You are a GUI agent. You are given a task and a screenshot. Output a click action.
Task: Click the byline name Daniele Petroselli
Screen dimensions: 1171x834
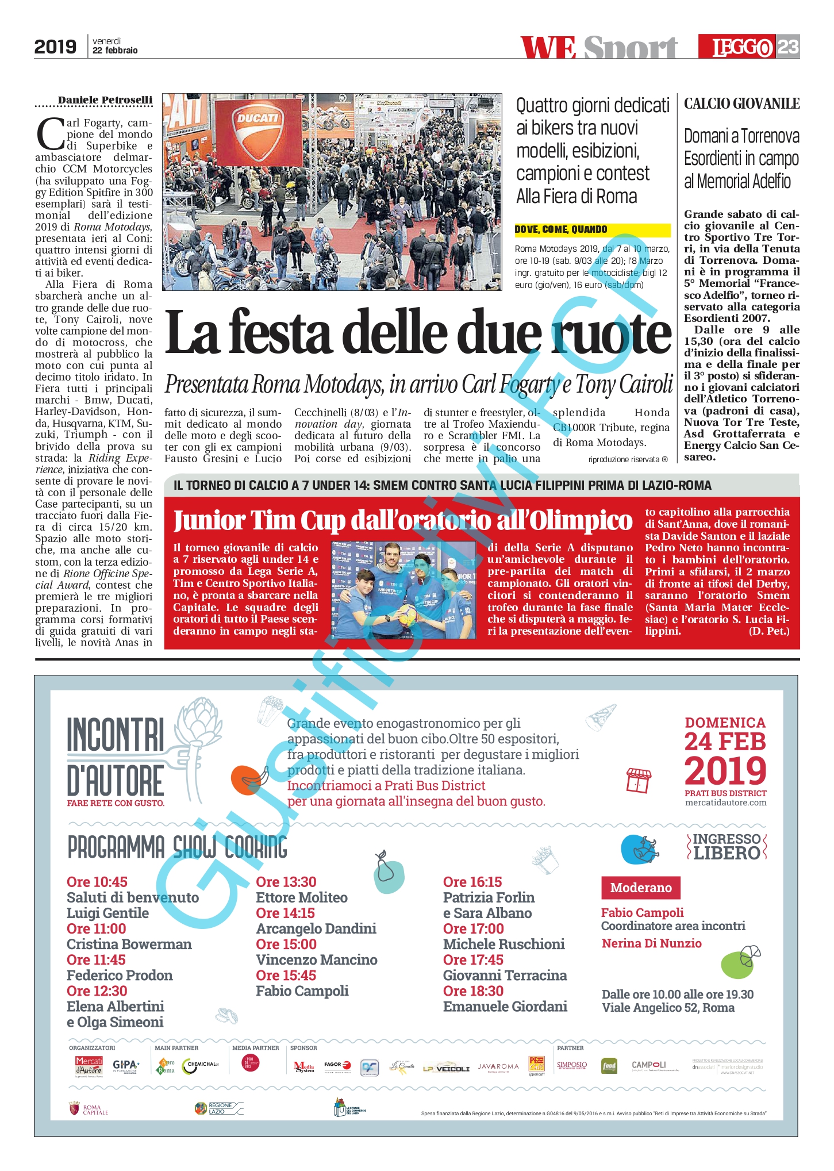[x=105, y=100]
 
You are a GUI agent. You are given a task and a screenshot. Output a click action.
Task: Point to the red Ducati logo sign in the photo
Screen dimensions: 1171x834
[x=258, y=119]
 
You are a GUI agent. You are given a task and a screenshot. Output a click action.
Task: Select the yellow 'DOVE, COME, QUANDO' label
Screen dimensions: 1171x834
[x=561, y=229]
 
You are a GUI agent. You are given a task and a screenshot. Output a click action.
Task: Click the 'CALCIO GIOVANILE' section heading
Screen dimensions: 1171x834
[x=741, y=103]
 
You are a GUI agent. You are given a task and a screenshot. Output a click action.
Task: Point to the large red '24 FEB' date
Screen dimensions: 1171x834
[x=725, y=742]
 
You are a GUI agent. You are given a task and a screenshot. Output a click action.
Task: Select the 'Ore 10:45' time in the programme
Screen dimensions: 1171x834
[x=97, y=882]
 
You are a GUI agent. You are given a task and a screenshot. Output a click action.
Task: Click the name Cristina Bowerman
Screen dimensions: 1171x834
[x=129, y=944]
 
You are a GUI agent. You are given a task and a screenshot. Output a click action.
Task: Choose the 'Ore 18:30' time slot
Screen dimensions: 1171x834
[x=473, y=990]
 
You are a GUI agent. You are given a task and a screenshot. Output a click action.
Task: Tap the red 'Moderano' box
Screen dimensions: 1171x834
[x=640, y=888]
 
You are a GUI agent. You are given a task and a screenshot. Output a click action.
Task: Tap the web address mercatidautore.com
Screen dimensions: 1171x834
[x=725, y=803]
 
